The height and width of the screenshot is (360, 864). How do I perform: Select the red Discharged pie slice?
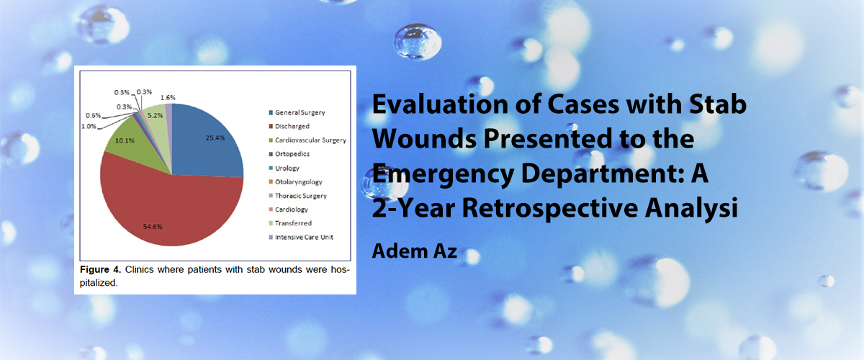click(170, 208)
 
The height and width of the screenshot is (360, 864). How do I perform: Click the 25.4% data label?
click(215, 138)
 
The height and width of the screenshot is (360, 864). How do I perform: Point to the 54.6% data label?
click(153, 227)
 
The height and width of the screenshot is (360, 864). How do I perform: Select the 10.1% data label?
click(125, 140)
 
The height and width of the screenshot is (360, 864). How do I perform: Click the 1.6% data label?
click(168, 98)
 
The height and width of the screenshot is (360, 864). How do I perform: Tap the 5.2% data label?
click(155, 115)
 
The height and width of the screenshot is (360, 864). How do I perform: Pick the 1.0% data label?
click(89, 126)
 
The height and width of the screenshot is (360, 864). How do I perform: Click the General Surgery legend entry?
click(297, 112)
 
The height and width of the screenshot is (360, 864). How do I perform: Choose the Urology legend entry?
click(284, 168)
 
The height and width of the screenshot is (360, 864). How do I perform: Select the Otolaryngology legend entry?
click(295, 181)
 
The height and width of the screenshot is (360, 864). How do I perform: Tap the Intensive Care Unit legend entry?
click(301, 237)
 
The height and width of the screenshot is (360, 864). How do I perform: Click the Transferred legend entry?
click(290, 223)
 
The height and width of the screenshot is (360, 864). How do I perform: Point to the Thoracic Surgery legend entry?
click(298, 196)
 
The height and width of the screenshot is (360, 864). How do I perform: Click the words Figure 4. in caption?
click(100, 269)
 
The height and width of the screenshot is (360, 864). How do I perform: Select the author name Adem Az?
click(415, 251)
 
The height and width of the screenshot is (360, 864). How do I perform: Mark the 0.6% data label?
click(94, 115)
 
